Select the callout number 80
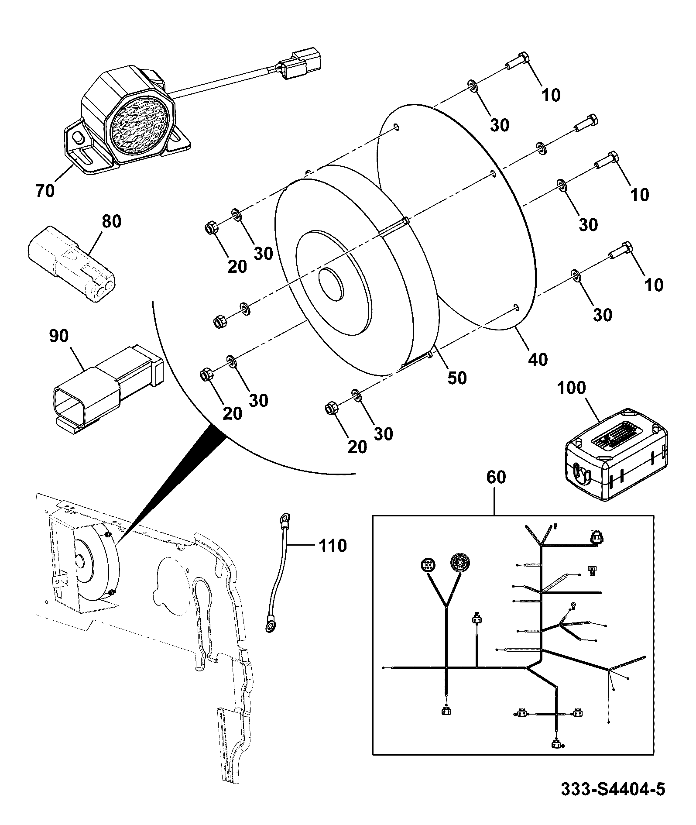[x=111, y=221]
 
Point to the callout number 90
[x=59, y=336]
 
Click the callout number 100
[x=572, y=388]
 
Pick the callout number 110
[x=333, y=546]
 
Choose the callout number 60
[x=496, y=478]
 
